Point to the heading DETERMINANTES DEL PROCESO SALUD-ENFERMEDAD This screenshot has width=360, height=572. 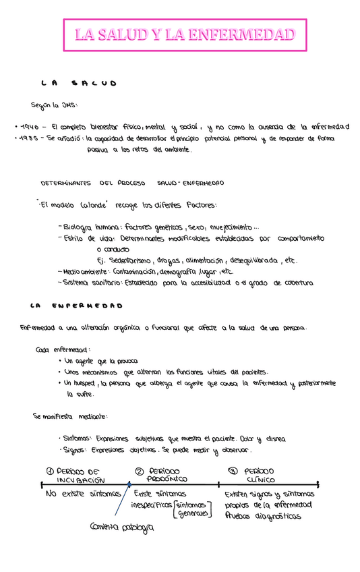coord(132,183)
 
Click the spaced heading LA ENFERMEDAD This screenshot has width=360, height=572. coord(76,305)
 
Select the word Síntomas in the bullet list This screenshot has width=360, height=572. coord(76,438)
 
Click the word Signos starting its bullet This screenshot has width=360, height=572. coord(73,450)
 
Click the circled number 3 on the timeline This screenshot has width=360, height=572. coord(233,471)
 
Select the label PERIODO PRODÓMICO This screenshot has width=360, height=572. coord(165,475)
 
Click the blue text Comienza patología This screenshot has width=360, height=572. coord(122,527)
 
